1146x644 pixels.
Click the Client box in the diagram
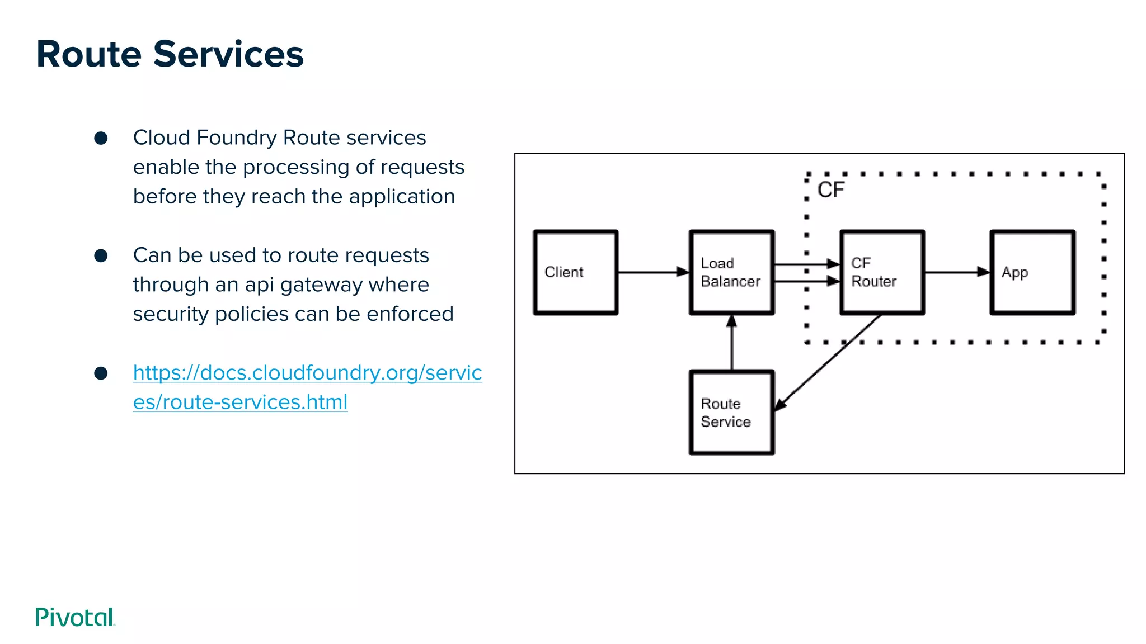[576, 272]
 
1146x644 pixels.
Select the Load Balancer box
[732, 272]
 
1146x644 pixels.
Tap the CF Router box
[882, 272]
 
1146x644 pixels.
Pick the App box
[1032, 272]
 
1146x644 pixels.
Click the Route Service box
[732, 413]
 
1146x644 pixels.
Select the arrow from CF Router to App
[957, 272]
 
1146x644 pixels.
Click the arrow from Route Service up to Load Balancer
[732, 344]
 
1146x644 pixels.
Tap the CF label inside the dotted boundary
[831, 190]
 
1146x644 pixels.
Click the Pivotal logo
[75, 617]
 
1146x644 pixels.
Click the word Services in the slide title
[228, 54]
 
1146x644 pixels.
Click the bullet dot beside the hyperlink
[101, 373]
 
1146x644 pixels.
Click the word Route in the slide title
[89, 54]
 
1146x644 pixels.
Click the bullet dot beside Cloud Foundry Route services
[101, 138]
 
